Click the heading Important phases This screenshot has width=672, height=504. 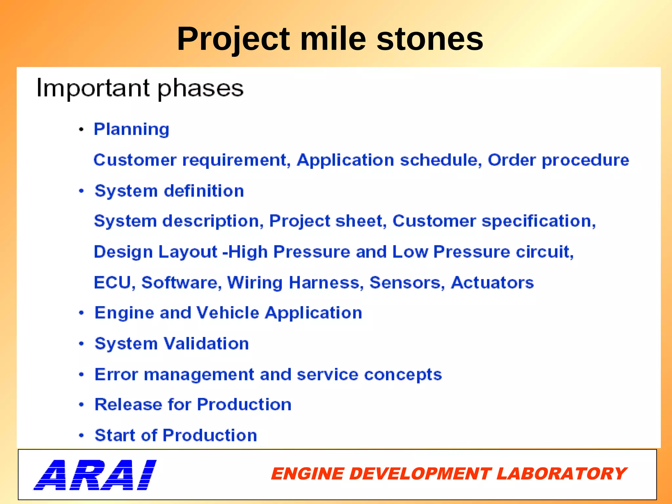pos(140,88)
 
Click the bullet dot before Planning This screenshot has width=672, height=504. pos(81,130)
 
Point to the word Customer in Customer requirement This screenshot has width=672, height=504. pos(135,160)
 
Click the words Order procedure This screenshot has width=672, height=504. pos(558,160)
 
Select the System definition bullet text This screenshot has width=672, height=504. pos(169,191)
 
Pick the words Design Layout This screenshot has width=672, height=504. pos(156,252)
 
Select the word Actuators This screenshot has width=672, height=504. pos(492,283)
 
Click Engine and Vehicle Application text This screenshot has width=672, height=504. pos(228,313)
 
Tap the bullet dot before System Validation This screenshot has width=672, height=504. pos(81,344)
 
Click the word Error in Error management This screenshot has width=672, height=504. pos(116,374)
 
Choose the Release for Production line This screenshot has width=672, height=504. pos(193,405)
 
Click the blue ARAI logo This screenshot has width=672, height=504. pos(95,474)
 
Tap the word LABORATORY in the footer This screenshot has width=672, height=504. pos(561,474)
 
